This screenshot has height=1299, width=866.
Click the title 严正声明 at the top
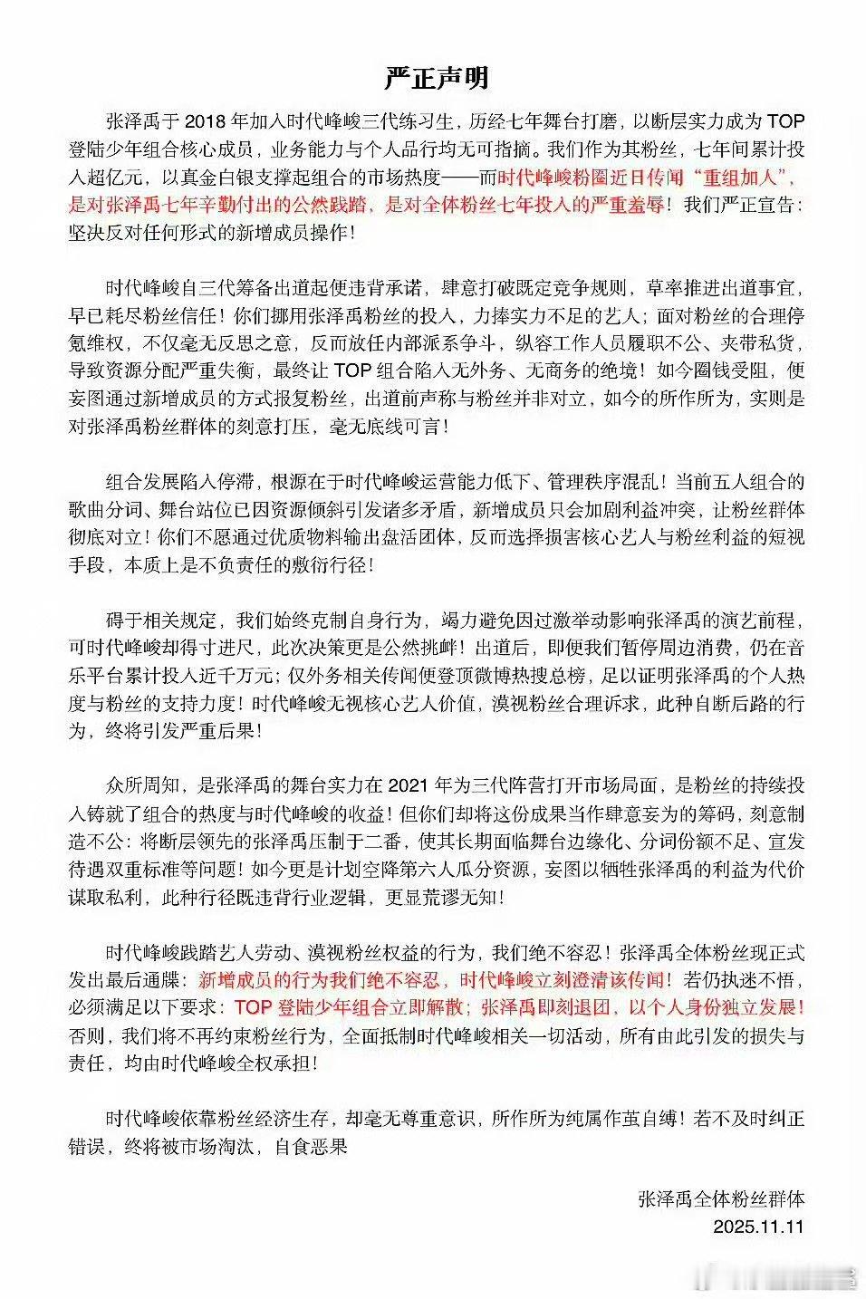coord(436,78)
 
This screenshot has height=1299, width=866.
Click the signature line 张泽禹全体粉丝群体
coord(721,1199)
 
